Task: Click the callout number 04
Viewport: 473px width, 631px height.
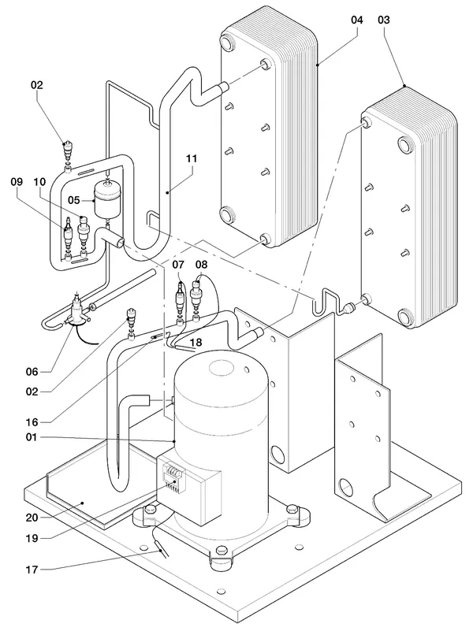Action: click(356, 20)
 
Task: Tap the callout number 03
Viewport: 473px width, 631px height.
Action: click(384, 20)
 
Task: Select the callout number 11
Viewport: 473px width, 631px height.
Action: click(192, 158)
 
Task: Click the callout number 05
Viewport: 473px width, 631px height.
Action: click(74, 200)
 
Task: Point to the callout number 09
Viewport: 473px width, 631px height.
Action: click(17, 182)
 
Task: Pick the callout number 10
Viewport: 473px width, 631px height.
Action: click(40, 182)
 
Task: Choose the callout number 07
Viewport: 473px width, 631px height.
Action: click(178, 265)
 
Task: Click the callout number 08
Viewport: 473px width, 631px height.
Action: click(201, 265)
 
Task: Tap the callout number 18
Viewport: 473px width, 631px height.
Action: click(196, 342)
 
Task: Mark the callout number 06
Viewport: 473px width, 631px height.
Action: click(32, 372)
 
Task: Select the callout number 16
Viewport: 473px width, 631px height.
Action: click(32, 422)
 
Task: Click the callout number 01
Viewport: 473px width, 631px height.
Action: click(32, 437)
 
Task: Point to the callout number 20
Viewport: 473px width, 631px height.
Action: click(32, 518)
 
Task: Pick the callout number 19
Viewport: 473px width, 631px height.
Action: click(32, 538)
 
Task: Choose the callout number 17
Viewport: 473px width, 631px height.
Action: click(32, 570)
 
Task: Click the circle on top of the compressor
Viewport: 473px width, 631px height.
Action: click(224, 367)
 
